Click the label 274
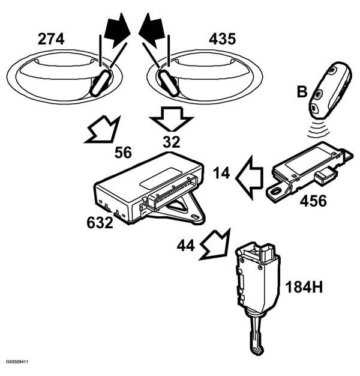[51, 39]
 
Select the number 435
[222, 39]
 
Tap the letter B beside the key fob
[302, 92]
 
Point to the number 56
[123, 153]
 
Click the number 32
[172, 142]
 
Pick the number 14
[221, 173]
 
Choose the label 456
[313, 201]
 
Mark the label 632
[100, 222]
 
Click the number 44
[185, 246]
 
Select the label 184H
[304, 287]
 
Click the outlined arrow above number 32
[171, 119]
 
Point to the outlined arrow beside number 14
[249, 178]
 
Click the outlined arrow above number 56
[103, 130]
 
